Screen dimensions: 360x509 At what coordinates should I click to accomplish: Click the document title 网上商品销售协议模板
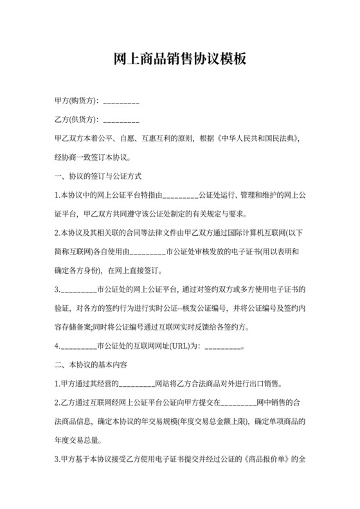pyautogui.click(x=179, y=59)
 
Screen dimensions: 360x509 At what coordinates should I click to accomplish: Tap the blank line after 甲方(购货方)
pyautogui.click(x=121, y=102)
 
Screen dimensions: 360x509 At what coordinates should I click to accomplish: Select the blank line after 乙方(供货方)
pyautogui.click(x=121, y=120)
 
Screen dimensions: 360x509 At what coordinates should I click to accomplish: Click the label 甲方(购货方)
pyautogui.click(x=76, y=102)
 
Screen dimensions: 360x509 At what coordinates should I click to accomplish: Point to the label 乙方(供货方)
pyautogui.click(x=76, y=120)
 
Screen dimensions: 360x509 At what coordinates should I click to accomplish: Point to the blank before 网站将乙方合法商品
pyautogui.click(x=137, y=385)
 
